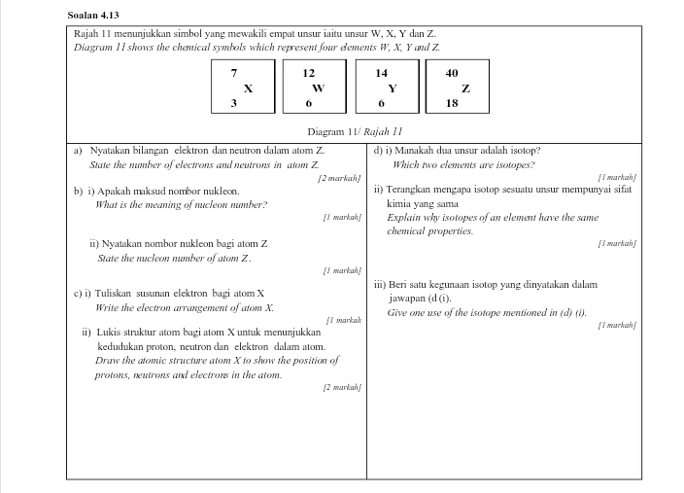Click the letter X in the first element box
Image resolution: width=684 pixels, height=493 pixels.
pos(248,88)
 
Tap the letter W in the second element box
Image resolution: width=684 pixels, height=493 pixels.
pos(318,88)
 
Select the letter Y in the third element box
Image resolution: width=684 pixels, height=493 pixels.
pos(392,88)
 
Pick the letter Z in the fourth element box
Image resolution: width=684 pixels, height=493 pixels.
pos(465,88)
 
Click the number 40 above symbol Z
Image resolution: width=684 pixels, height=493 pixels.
pos(452,73)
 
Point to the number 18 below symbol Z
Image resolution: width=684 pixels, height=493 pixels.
pos(452,103)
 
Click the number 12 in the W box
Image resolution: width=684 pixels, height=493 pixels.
pos(308,73)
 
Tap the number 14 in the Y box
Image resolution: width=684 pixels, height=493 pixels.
pos(381,73)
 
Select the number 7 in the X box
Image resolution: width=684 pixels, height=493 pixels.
pos(233,73)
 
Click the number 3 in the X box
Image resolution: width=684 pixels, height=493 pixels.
pos(233,103)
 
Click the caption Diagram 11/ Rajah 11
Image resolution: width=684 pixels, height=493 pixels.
pos(355,131)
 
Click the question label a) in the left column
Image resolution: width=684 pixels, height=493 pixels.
pos(78,152)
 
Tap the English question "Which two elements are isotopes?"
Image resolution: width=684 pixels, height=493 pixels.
pos(463,165)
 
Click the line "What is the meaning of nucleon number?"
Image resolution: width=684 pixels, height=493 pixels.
pos(181,205)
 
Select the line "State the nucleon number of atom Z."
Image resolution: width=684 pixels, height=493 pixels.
pos(174,258)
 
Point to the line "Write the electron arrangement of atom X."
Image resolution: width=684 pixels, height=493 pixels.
pos(185,307)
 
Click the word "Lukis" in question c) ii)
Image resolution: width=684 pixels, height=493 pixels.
pos(105,333)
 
